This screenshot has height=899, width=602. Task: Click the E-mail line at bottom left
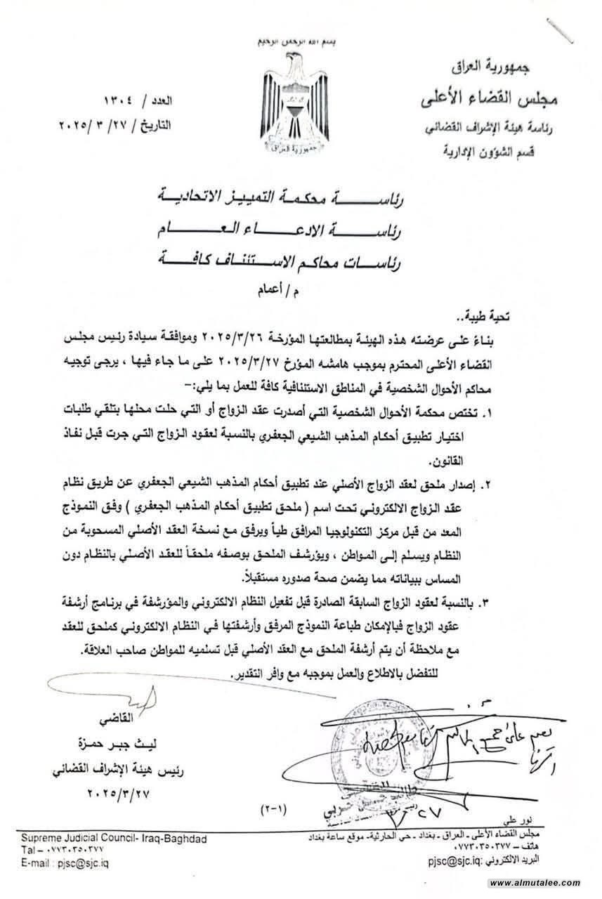pos(65,863)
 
